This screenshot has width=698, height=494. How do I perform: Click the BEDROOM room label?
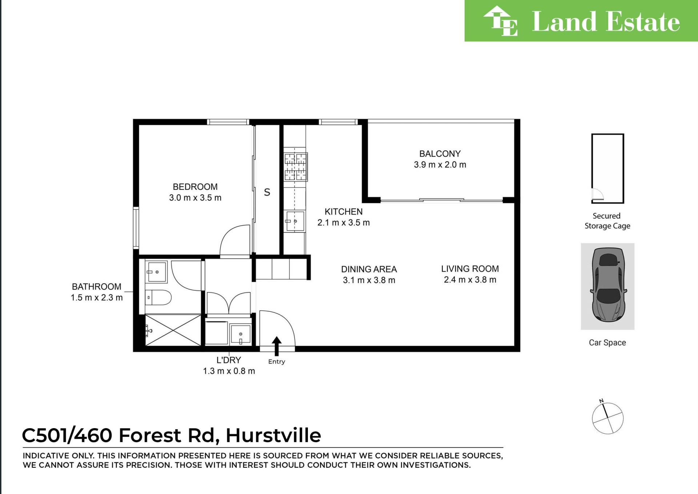(x=195, y=187)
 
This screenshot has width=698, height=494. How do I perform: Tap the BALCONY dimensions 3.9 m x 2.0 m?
(x=440, y=165)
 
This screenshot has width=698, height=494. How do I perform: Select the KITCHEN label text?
(x=344, y=212)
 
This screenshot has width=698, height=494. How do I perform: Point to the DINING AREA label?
(x=369, y=269)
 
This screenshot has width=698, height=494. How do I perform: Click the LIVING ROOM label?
(x=470, y=269)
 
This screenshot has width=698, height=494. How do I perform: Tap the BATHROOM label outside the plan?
(x=97, y=287)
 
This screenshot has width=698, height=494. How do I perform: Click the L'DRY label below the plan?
(x=229, y=360)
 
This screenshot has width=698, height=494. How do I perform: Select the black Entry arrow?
(x=277, y=346)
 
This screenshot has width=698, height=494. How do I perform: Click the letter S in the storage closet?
(x=267, y=192)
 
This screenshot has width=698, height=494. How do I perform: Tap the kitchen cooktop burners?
(x=295, y=167)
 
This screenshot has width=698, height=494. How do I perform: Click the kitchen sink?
(x=295, y=221)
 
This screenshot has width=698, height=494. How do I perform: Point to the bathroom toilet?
(x=158, y=298)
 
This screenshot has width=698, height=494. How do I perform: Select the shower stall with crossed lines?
(x=173, y=330)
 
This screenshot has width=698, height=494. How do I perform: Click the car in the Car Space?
(x=608, y=285)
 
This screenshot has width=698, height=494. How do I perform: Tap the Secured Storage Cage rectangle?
(x=607, y=168)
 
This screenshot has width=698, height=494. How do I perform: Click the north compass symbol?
(x=607, y=418)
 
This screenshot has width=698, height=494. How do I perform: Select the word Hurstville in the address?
(x=273, y=435)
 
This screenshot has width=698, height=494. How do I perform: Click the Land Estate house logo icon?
(x=501, y=21)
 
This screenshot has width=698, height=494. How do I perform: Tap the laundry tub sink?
(x=240, y=334)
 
